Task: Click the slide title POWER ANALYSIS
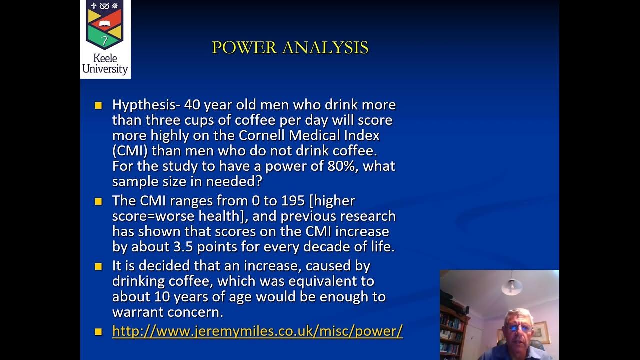click(290, 48)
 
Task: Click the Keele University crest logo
click(105, 25)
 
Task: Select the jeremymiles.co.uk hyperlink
click(257, 331)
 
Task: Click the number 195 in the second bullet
click(293, 201)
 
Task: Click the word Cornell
click(265, 135)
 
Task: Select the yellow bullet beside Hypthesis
click(98, 105)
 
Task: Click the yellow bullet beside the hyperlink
click(98, 331)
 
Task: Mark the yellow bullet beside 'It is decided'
click(98, 266)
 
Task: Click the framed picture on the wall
click(540, 331)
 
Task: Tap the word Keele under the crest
click(105, 58)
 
